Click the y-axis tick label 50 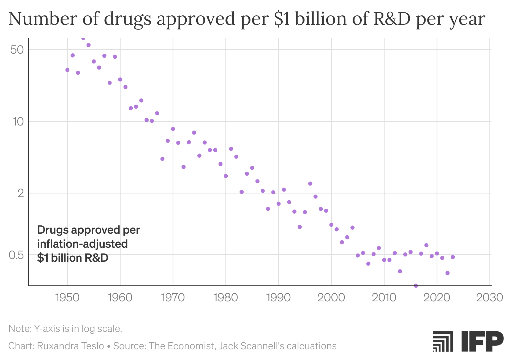pyautogui.click(x=17, y=50)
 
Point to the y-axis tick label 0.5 pyautogui.click(x=16, y=255)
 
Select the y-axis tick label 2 pyautogui.click(x=21, y=193)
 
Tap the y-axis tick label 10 pyautogui.click(x=18, y=121)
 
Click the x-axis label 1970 pyautogui.click(x=173, y=298)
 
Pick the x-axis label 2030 pyautogui.click(x=489, y=298)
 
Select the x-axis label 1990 pyautogui.click(x=279, y=298)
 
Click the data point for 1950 pyautogui.click(x=67, y=70)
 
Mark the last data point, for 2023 pyautogui.click(x=453, y=257)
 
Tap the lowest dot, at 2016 pyautogui.click(x=416, y=286)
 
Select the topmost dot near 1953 pyautogui.click(x=83, y=38)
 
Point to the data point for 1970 pyautogui.click(x=173, y=129)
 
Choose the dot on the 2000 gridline pyautogui.click(x=331, y=225)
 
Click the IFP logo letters pyautogui.click(x=482, y=341)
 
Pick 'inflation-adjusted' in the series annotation pyautogui.click(x=82, y=244)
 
